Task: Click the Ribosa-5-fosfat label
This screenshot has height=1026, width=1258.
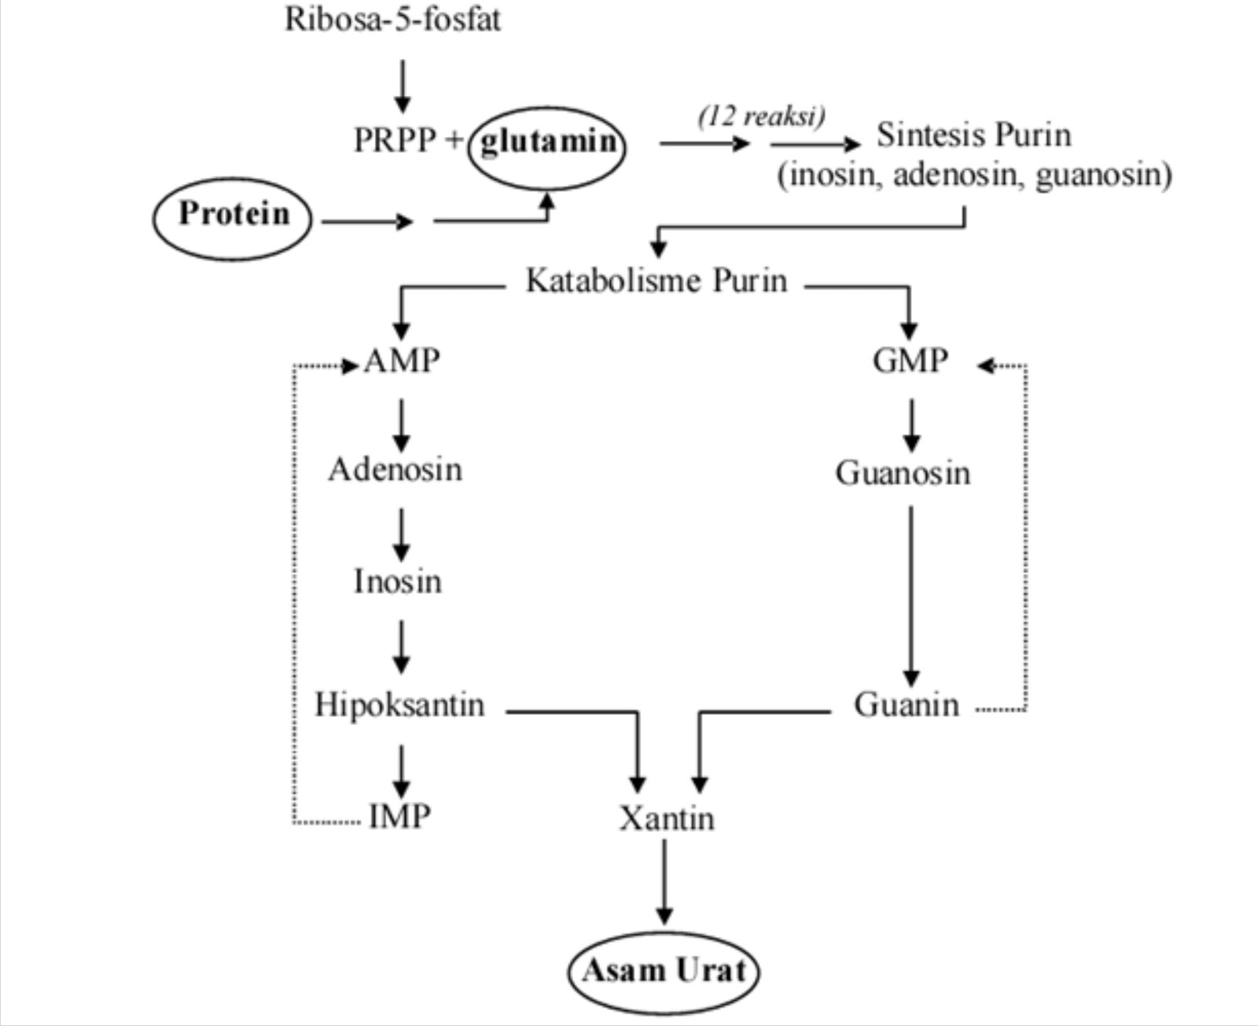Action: pyautogui.click(x=392, y=19)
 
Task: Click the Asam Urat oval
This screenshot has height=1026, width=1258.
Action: pyautogui.click(x=664, y=971)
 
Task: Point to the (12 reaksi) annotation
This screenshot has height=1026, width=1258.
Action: pyautogui.click(x=761, y=116)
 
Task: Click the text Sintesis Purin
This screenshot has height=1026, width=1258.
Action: pyautogui.click(x=973, y=135)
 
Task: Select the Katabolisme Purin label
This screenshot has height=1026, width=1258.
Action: pyautogui.click(x=656, y=281)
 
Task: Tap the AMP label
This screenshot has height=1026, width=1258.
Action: pyautogui.click(x=403, y=362)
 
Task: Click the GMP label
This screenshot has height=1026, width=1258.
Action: pyautogui.click(x=910, y=362)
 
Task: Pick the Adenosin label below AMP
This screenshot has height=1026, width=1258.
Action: pyautogui.click(x=395, y=470)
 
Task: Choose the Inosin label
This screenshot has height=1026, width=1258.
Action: pyautogui.click(x=398, y=582)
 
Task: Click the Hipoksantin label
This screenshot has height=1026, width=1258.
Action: pyautogui.click(x=399, y=704)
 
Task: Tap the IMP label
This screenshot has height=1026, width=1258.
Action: pyautogui.click(x=400, y=817)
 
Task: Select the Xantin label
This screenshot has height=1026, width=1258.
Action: pyautogui.click(x=667, y=819)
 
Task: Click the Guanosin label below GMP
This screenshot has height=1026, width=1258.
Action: pyautogui.click(x=903, y=473)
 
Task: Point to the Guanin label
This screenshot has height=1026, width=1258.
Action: pyautogui.click(x=907, y=705)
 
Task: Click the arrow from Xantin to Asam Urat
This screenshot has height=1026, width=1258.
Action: pyautogui.click(x=664, y=881)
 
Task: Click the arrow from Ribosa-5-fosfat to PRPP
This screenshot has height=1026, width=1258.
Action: pyautogui.click(x=403, y=86)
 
